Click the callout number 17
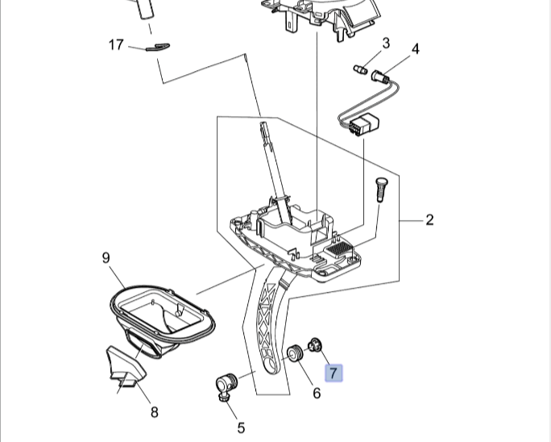click(116, 44)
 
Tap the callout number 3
click(386, 42)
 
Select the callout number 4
click(415, 49)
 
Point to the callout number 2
click(429, 219)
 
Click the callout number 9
click(106, 258)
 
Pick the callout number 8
click(154, 412)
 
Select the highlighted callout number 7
click(333, 373)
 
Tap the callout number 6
click(317, 393)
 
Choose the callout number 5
click(240, 427)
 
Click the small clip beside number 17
click(158, 46)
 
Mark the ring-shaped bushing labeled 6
click(295, 353)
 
